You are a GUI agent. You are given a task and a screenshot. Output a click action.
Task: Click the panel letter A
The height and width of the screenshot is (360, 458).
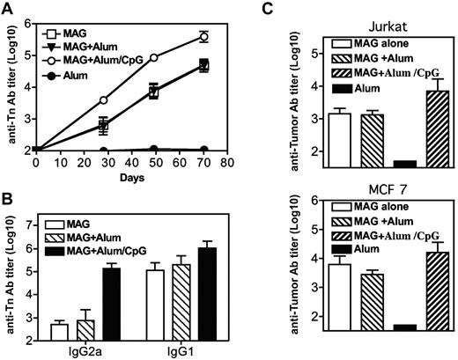(8, 8)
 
